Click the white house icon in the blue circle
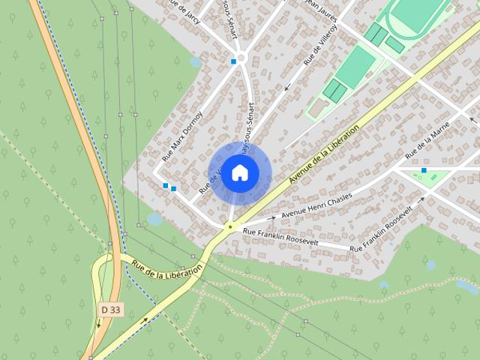tap(239, 172)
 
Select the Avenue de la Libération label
tap(324, 154)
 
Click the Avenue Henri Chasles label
tap(316, 203)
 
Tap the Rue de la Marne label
tap(427, 139)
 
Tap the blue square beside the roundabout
tap(234, 61)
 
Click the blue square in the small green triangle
tap(424, 170)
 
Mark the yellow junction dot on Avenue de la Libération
tap(229, 225)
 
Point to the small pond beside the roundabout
tap(196, 62)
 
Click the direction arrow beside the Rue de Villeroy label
tap(287, 88)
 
